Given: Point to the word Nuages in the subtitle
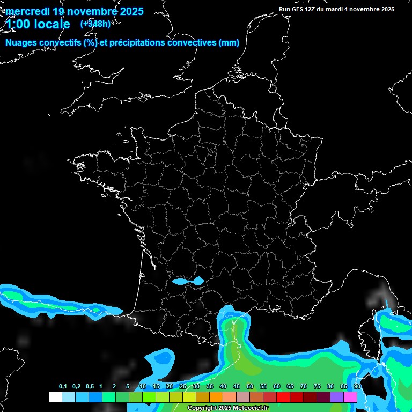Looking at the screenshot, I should pyautogui.click(x=22, y=43).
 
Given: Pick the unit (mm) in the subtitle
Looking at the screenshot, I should pyautogui.click(x=229, y=43).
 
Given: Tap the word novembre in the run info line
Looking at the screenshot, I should pyautogui.click(x=360, y=9).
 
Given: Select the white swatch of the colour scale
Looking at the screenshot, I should pyautogui.click(x=55, y=397).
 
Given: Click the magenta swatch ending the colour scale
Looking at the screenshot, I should pyautogui.click(x=350, y=397).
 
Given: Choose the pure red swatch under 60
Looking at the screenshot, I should pyautogui.click(x=283, y=397).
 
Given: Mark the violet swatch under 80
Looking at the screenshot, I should pyautogui.click(x=337, y=397).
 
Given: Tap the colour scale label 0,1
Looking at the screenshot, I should pyautogui.click(x=63, y=387).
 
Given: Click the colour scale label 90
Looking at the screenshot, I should pyautogui.click(x=357, y=387).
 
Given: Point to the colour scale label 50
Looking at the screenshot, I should pyautogui.click(x=250, y=387).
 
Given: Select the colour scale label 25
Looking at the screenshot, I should pyautogui.click(x=183, y=387).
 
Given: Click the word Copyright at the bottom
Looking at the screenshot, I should pyautogui.click(x=203, y=408).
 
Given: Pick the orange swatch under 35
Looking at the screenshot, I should pyautogui.click(x=216, y=397).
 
